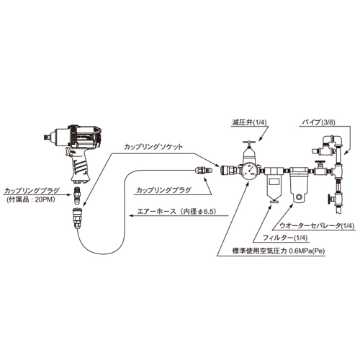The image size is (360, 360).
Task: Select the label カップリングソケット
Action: coord(153,147)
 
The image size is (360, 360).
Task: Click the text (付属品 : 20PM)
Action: coord(31,199)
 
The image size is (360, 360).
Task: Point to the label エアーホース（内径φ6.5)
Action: coord(176,212)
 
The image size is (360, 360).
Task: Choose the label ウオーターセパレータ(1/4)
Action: coord(317,226)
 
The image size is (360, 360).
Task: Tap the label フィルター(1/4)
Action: coord(285,238)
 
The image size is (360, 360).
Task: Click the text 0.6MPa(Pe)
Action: coord(307,251)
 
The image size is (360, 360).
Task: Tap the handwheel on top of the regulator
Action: coord(249,143)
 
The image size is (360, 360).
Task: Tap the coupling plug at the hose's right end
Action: coord(203,171)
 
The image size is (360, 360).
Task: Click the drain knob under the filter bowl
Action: coord(273,201)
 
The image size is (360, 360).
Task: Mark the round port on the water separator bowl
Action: coord(299,197)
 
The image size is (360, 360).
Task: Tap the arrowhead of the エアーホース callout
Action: coord(132,215)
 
